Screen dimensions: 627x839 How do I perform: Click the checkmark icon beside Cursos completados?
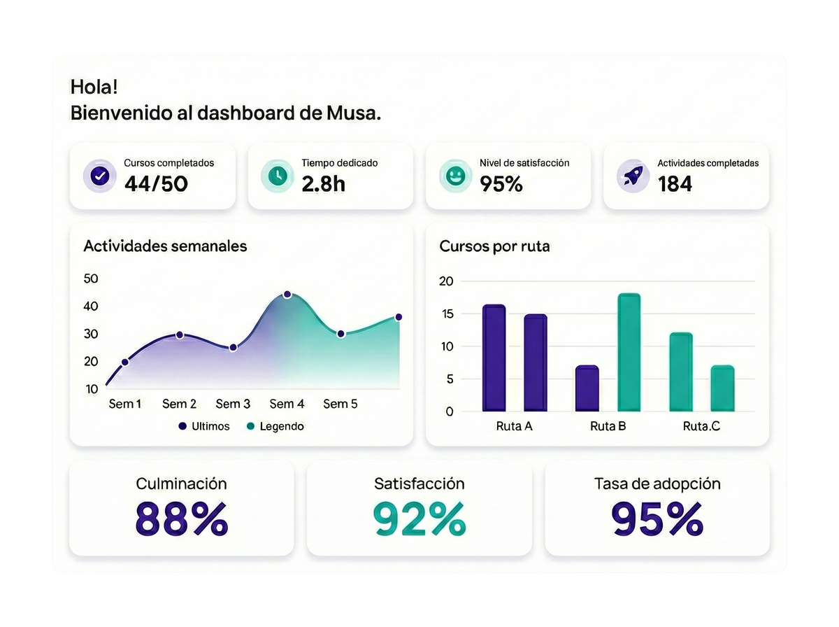tap(100, 175)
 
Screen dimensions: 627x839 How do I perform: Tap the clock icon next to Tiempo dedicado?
tap(278, 175)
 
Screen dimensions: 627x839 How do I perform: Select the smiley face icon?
tap(455, 175)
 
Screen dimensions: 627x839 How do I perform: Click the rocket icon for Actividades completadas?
tap(633, 175)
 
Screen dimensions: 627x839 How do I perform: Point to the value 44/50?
tap(156, 184)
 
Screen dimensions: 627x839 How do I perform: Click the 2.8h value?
tap(323, 184)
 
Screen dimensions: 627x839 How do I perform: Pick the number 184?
tap(675, 184)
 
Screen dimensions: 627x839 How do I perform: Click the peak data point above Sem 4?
tap(287, 295)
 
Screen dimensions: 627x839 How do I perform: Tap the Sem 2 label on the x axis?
tap(179, 404)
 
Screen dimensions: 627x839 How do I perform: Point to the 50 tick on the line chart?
tap(91, 279)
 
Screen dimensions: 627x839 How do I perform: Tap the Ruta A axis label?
tap(514, 426)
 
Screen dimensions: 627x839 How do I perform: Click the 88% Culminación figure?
tap(182, 519)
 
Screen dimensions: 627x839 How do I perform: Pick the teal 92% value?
tap(419, 519)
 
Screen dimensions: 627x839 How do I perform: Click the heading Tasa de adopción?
tap(657, 484)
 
